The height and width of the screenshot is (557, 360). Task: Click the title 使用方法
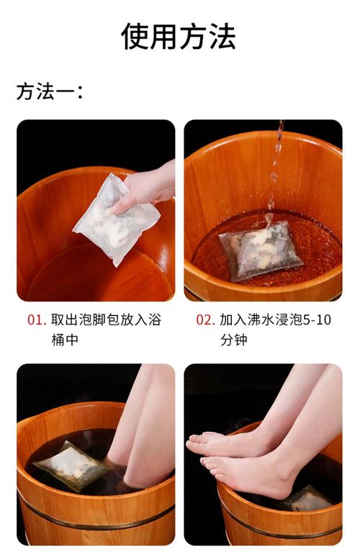[x=179, y=36]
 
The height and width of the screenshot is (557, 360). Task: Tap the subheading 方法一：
[x=50, y=91]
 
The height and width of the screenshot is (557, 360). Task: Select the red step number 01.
[x=37, y=320]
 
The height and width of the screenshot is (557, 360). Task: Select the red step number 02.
[x=205, y=320]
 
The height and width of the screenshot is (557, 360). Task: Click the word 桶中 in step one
[x=65, y=340]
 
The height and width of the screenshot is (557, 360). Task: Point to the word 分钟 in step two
[x=233, y=340]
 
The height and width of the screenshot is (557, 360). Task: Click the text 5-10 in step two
[x=317, y=320]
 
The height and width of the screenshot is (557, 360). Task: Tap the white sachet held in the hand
[x=115, y=220]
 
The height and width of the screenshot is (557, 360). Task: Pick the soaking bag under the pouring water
[x=261, y=250]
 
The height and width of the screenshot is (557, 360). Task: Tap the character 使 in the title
[x=135, y=36]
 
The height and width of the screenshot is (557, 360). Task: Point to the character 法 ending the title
[x=222, y=36]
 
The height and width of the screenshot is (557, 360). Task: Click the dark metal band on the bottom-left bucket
[x=96, y=517]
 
